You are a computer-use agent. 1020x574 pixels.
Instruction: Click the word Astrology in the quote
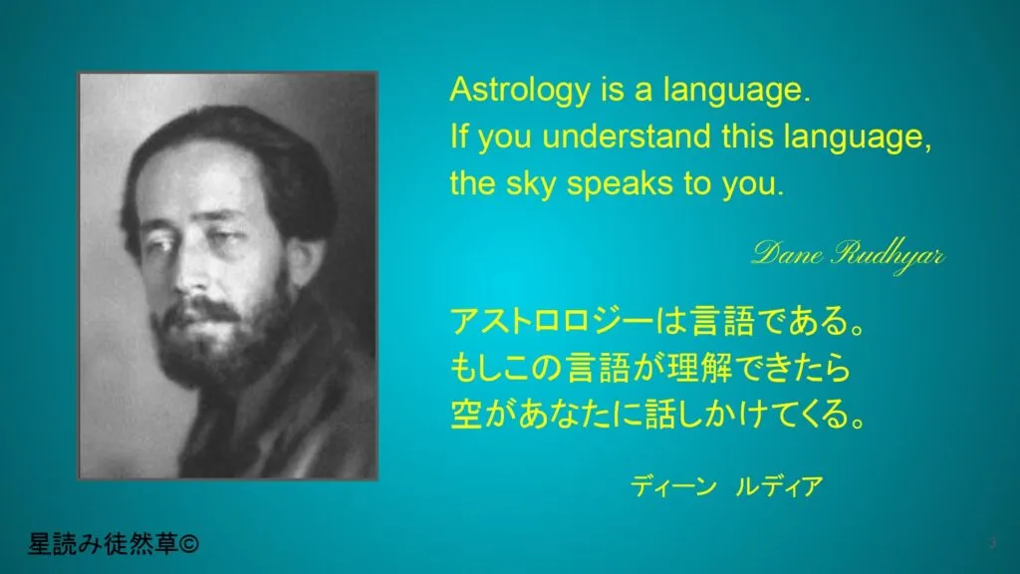click(x=519, y=90)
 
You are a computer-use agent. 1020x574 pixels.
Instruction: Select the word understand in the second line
click(x=627, y=137)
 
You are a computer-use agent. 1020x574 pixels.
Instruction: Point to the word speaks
click(x=620, y=184)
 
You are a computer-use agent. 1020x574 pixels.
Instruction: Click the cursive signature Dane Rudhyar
click(x=848, y=255)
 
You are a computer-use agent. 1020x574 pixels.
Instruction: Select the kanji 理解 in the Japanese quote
click(x=702, y=368)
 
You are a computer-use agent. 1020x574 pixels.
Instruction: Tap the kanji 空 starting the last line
click(x=466, y=415)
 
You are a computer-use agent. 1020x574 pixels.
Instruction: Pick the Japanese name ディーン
click(x=672, y=486)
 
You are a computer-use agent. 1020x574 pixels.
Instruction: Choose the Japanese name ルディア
click(x=779, y=486)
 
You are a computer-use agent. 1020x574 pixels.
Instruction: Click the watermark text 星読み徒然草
click(x=103, y=544)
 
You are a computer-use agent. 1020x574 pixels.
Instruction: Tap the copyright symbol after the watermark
click(x=188, y=544)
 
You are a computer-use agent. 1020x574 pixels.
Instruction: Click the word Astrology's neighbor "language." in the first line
click(x=737, y=90)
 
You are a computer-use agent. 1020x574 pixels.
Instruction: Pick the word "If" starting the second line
click(x=459, y=137)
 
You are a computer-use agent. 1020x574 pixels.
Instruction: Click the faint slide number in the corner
click(x=993, y=543)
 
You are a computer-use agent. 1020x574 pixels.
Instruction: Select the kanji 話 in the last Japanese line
click(x=659, y=415)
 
